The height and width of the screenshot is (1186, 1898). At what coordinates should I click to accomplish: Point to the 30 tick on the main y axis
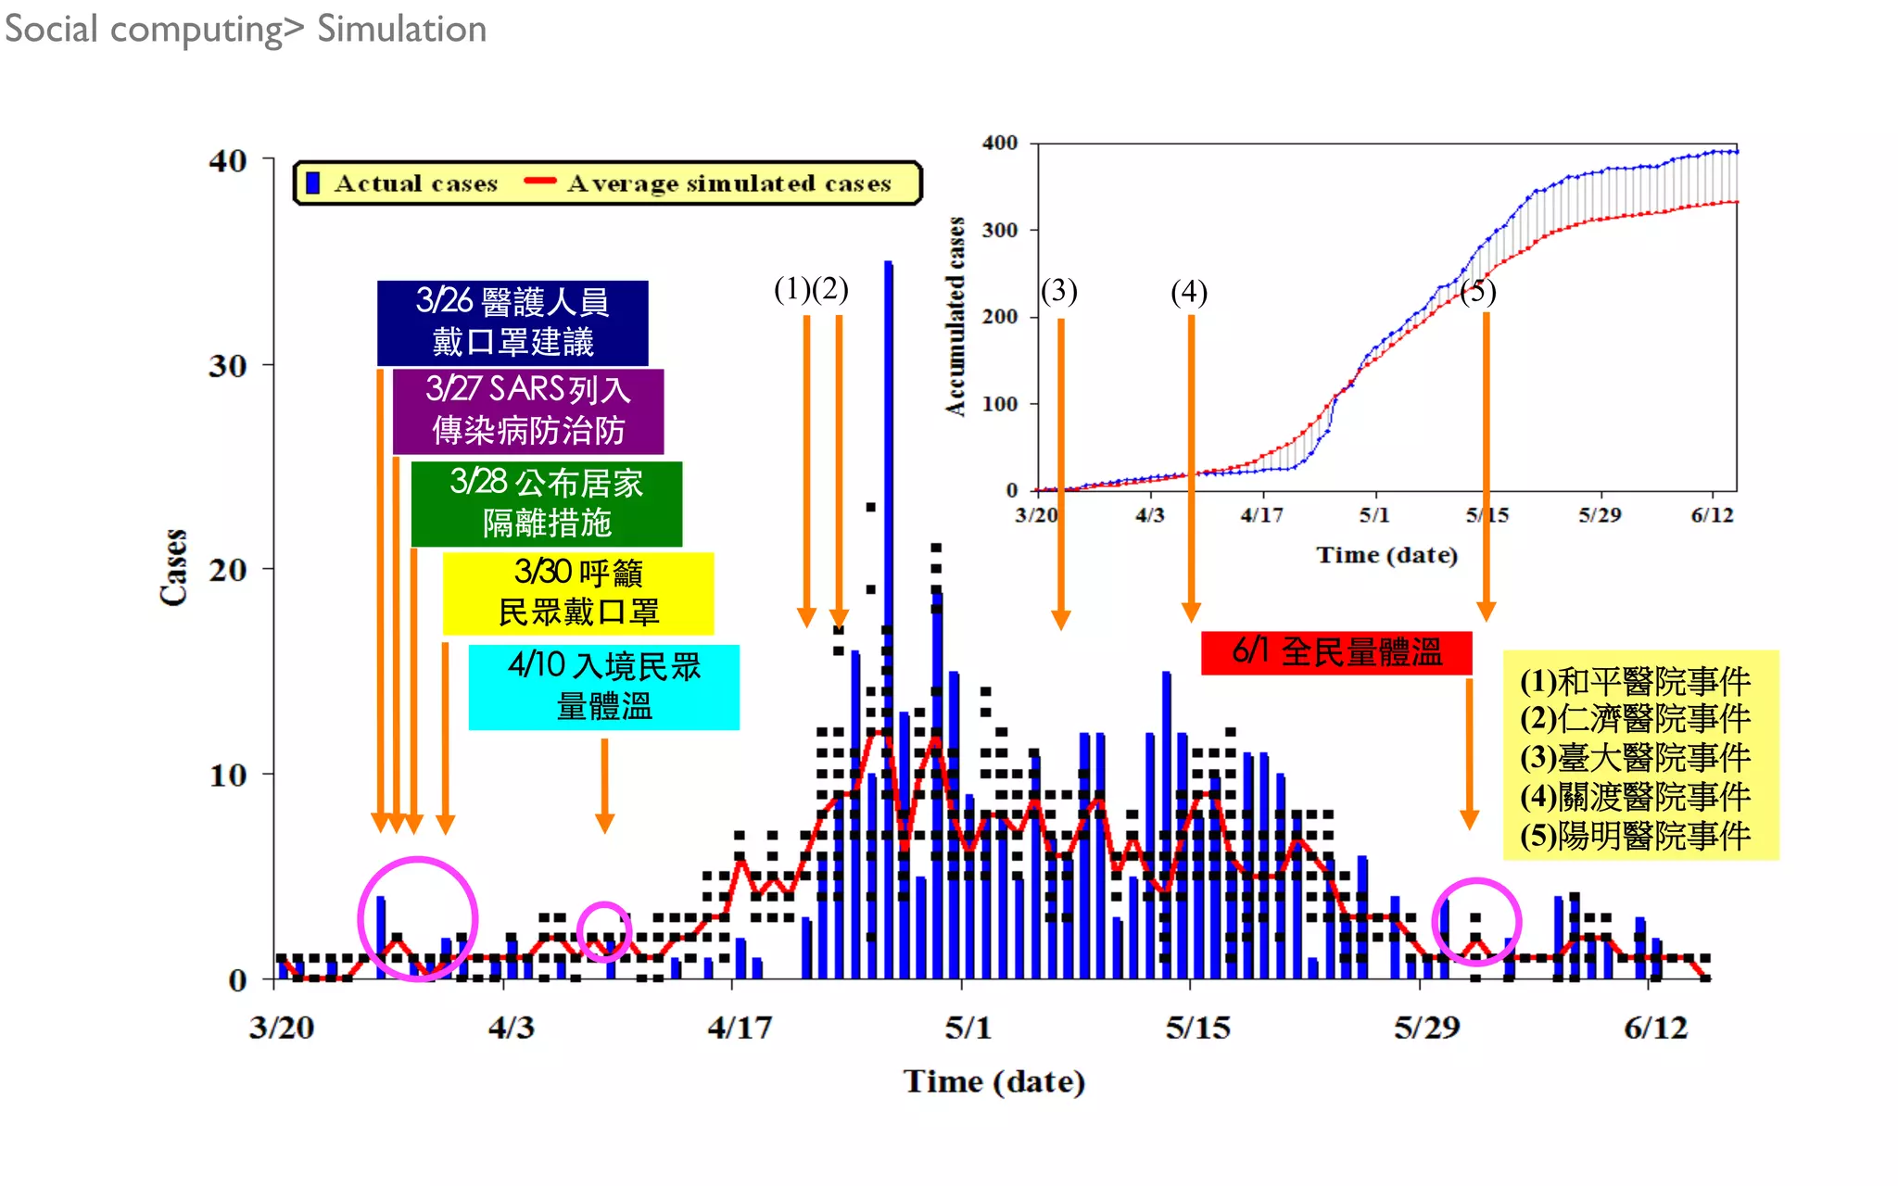point(228,365)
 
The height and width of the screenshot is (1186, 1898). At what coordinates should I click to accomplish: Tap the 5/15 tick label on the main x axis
point(1197,1028)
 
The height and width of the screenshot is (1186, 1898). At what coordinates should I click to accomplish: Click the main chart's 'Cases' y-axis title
point(174,567)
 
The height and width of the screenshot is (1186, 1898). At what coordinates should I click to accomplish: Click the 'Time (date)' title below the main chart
point(993,1081)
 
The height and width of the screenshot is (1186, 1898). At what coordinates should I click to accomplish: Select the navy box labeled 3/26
point(512,322)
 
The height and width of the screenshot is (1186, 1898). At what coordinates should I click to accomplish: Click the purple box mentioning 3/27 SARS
point(528,410)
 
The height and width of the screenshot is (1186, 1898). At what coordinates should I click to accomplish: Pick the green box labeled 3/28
point(547,503)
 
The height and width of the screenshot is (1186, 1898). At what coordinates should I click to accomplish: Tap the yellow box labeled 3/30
point(578,593)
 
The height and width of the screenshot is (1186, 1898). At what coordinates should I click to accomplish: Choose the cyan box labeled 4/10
point(604,687)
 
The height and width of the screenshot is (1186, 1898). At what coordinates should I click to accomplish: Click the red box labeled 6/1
point(1335,652)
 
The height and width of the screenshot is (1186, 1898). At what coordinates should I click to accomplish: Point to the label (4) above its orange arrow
point(1189,293)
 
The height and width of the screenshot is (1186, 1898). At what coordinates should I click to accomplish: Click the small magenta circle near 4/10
point(604,930)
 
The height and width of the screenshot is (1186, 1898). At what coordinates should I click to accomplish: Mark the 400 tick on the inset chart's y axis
point(999,143)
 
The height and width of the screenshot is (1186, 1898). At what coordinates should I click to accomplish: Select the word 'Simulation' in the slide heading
point(401,29)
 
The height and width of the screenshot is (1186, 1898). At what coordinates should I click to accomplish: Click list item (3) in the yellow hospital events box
point(1635,757)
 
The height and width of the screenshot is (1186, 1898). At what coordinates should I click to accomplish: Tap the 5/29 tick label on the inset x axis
point(1600,515)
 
